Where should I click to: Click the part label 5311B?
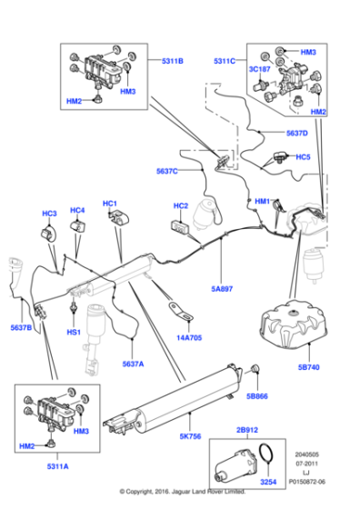pos(172,62)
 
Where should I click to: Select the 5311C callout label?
pos(224,61)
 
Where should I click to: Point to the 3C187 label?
pos(260,69)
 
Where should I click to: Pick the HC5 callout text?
pos(304,156)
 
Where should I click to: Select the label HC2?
pos(180,205)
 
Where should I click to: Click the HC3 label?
pos(49,214)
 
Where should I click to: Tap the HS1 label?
pos(74,332)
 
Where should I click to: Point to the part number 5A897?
pos(223,289)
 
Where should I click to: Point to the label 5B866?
pos(258,396)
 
